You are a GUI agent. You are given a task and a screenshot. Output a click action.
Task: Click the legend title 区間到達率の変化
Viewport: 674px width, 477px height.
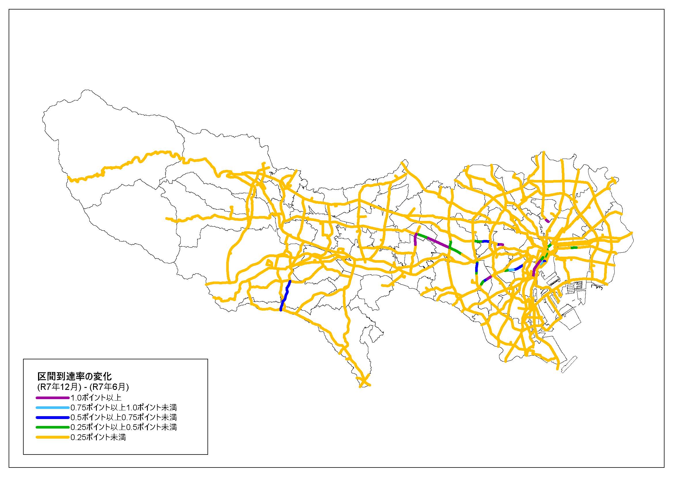pyautogui.click(x=75, y=376)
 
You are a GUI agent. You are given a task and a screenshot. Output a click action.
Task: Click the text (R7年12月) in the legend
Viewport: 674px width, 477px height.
pyautogui.click(x=59, y=387)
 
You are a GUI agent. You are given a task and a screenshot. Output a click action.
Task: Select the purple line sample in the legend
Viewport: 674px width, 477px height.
pyautogui.click(x=52, y=398)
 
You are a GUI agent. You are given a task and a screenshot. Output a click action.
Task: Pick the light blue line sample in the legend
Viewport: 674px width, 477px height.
pyautogui.click(x=52, y=408)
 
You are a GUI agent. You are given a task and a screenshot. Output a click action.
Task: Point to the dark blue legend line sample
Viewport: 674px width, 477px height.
pyautogui.click(x=52, y=417)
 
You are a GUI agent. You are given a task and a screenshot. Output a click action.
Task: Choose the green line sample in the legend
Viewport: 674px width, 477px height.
pyautogui.click(x=52, y=427)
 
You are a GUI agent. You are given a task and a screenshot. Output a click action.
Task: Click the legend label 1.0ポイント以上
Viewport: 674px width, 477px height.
pyautogui.click(x=96, y=398)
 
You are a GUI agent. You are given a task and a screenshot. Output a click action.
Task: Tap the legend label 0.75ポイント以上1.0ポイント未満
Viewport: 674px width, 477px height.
pyautogui.click(x=124, y=408)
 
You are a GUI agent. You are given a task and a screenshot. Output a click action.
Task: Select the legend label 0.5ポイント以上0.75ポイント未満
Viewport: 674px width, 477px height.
pyautogui.click(x=124, y=417)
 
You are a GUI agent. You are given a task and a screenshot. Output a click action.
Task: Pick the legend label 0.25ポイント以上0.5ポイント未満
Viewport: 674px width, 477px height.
pyautogui.click(x=124, y=427)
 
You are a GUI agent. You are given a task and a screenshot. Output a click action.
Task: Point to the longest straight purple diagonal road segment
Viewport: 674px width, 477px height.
pyautogui.click(x=438, y=243)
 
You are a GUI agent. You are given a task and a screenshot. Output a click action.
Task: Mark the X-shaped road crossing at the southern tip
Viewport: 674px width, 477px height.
pyautogui.click(x=364, y=382)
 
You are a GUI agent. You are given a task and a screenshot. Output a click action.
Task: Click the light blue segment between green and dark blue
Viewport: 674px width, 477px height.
pyautogui.click(x=511, y=270)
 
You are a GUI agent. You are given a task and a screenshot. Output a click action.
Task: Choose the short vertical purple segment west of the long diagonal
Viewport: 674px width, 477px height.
pyautogui.click(x=416, y=239)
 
